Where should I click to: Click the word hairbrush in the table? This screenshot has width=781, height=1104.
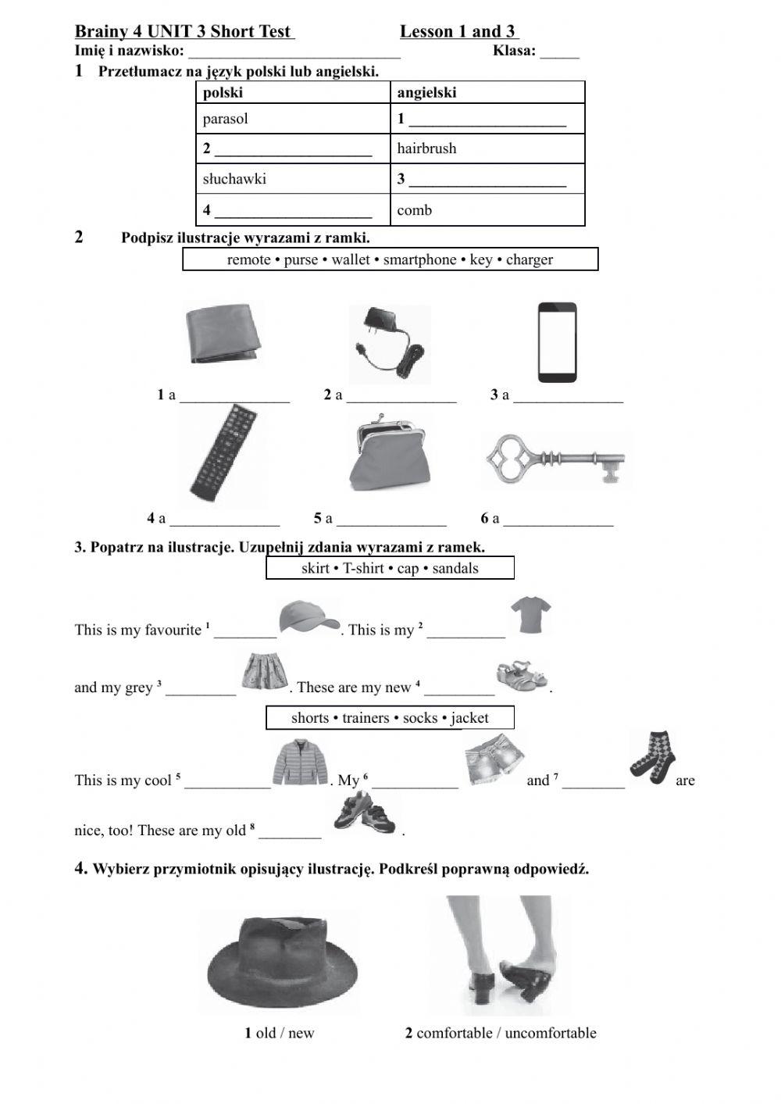(426, 148)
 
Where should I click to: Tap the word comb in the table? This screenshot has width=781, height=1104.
(414, 210)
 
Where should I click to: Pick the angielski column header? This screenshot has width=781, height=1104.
(426, 92)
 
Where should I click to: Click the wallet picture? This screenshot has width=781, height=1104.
(223, 334)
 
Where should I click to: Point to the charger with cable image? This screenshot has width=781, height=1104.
(389, 344)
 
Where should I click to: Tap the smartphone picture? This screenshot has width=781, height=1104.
(558, 341)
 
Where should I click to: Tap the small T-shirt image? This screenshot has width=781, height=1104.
(531, 614)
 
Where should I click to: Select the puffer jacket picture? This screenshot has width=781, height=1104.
(301, 763)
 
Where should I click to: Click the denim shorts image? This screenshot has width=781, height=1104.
(494, 760)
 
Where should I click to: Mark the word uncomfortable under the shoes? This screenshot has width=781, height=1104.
(550, 1033)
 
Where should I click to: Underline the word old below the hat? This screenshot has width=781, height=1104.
(266, 1033)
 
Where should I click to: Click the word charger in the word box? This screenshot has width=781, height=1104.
(529, 259)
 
